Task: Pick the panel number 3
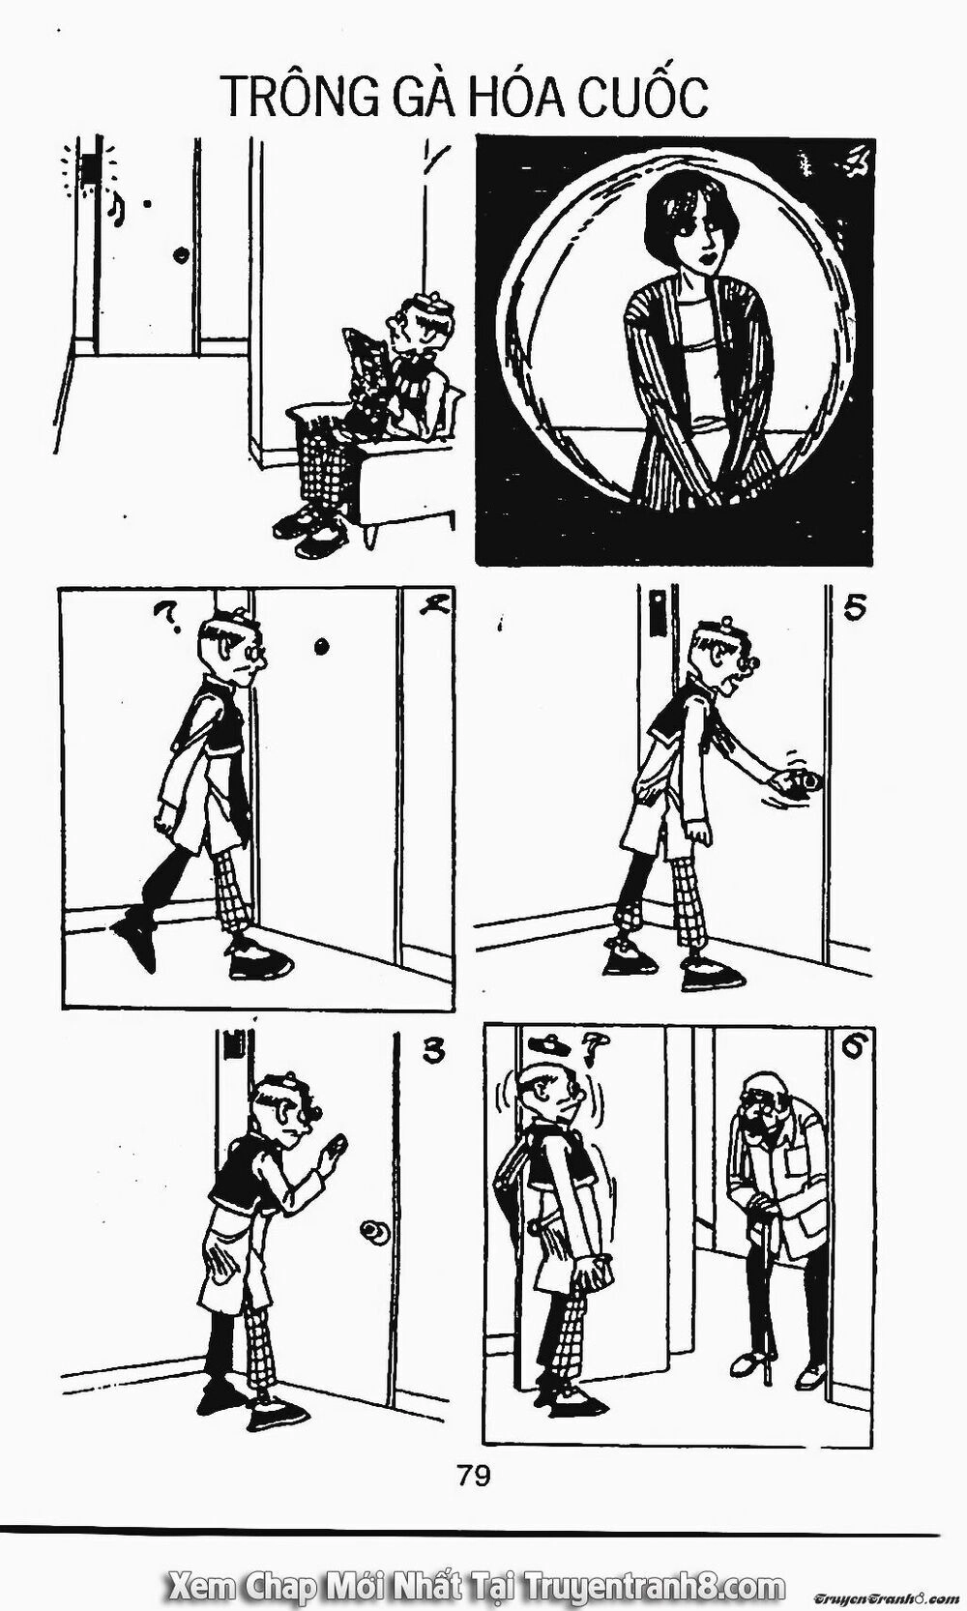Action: pyautogui.click(x=433, y=1051)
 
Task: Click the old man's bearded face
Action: pyautogui.click(x=764, y=1112)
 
